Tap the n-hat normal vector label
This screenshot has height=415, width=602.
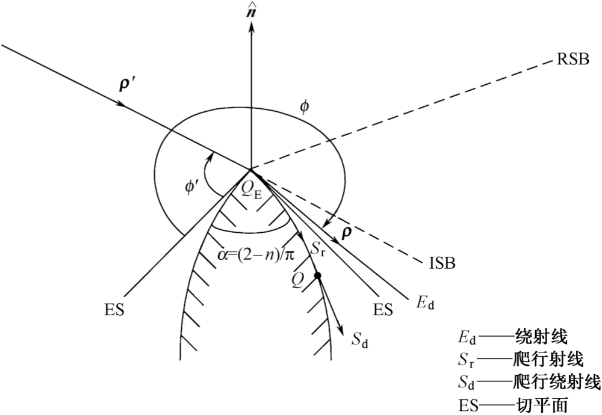coord(251,13)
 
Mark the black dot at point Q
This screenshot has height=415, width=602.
coord(317,275)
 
